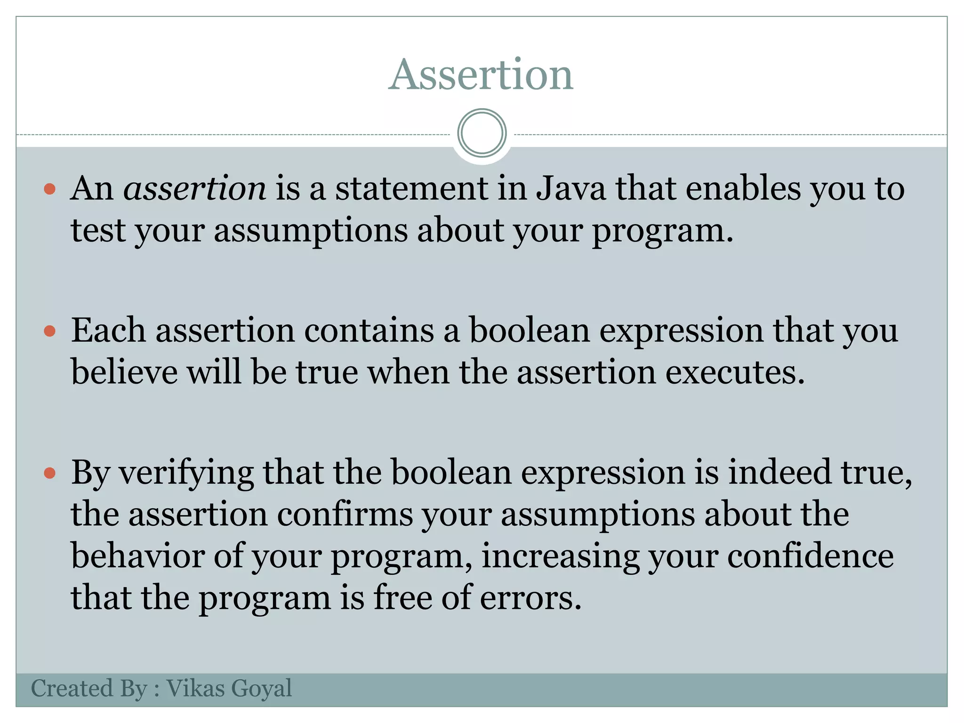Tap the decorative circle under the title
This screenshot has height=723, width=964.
click(482, 133)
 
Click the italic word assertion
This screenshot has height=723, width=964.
click(194, 188)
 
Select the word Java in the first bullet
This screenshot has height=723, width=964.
click(570, 188)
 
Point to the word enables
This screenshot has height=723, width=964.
click(743, 188)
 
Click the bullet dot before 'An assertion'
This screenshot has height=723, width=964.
click(49, 190)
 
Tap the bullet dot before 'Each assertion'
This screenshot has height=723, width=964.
click(49, 331)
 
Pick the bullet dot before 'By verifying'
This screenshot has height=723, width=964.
click(49, 473)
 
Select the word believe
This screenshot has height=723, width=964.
click(124, 372)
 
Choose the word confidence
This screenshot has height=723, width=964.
click(810, 556)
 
